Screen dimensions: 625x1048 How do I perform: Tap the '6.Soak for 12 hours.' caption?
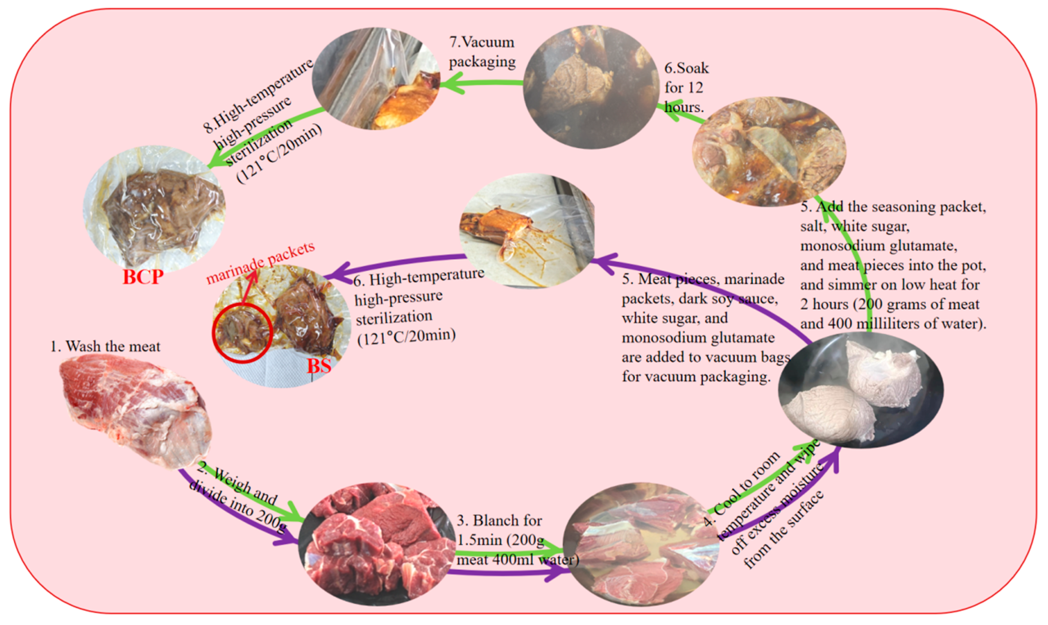[685, 87]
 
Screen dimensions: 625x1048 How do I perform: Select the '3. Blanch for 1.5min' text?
[499, 521]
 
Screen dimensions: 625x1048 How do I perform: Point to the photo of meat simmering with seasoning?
[769, 152]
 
